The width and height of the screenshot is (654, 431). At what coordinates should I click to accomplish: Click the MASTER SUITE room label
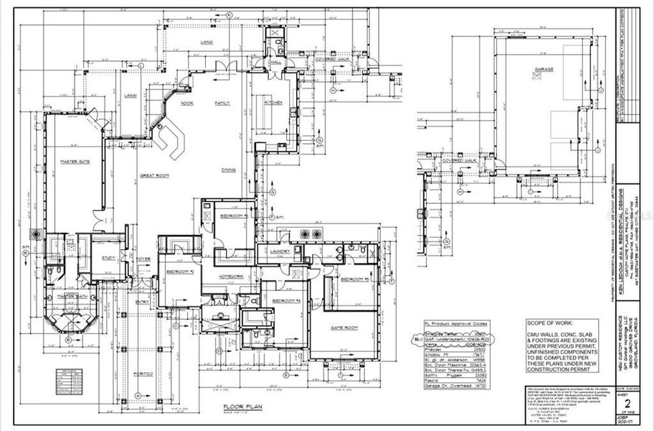[x=74, y=162]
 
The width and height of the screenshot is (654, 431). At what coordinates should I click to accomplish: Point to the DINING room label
[x=229, y=170]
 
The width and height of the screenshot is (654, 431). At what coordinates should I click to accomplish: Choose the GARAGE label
[x=543, y=71]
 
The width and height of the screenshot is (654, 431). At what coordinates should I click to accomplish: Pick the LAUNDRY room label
[x=279, y=251]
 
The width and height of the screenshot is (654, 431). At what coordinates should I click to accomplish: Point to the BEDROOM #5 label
[x=354, y=279]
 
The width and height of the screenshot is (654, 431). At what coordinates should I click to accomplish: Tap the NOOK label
[x=187, y=103]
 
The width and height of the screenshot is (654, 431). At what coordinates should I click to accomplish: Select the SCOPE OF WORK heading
[x=551, y=324]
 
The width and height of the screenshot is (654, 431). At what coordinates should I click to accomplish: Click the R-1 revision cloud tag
[x=429, y=335]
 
